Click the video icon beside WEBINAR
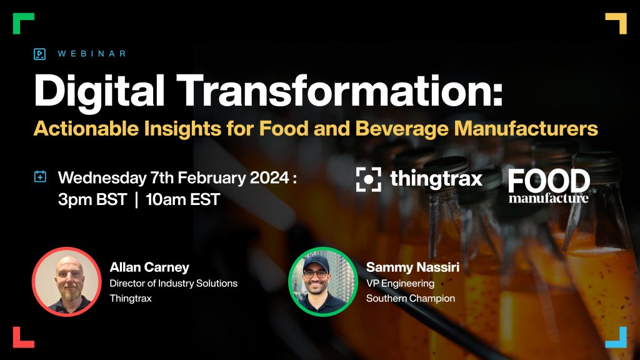tap(39, 54)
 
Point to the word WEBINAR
tap(92, 54)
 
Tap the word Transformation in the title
tap(339, 91)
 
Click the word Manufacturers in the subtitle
tap(526, 128)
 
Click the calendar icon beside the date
tap(40, 177)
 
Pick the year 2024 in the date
tap(269, 178)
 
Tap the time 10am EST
tap(183, 199)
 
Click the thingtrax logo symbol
tap(369, 179)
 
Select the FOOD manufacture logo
tap(549, 186)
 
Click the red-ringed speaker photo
tap(66, 282)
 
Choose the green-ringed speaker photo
tap(323, 282)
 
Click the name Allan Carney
tap(149, 267)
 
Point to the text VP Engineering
tap(400, 283)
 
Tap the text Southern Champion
tap(410, 298)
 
